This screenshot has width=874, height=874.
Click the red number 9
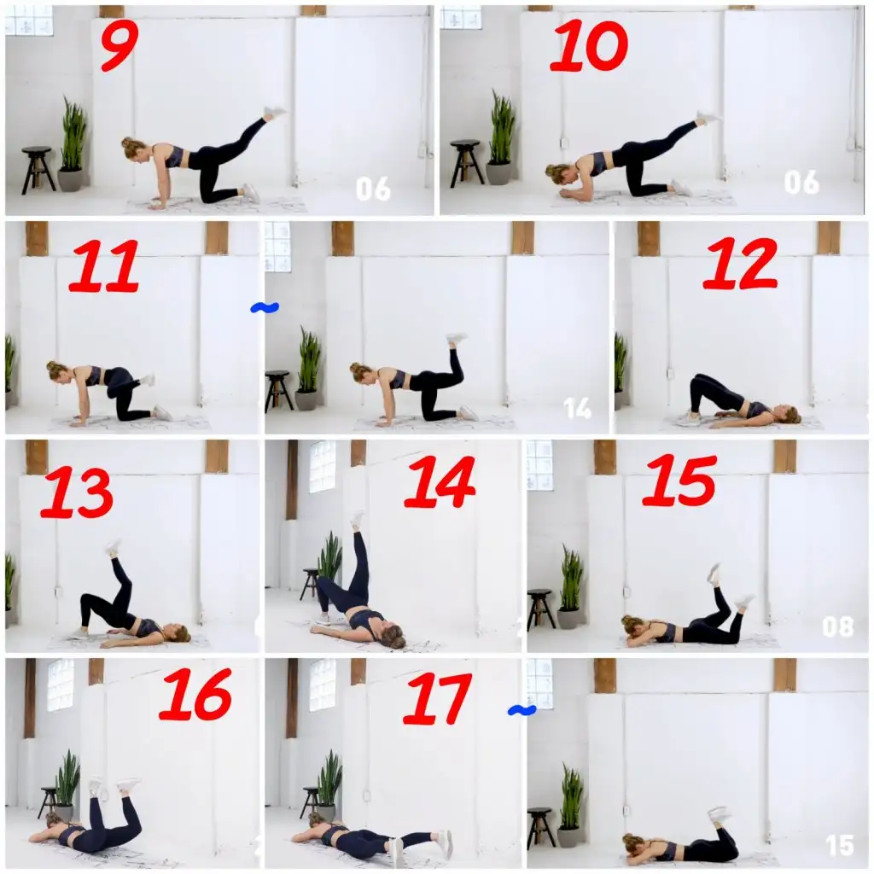pos(119,47)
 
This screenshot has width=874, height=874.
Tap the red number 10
pos(589,46)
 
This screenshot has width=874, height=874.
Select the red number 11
pos(104,265)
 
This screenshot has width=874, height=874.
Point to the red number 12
pos(740,263)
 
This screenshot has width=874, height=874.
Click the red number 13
pos(77,492)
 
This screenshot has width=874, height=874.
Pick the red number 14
pos(440,481)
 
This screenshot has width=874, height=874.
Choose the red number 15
pos(679,480)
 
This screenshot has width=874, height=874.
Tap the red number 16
pos(195,695)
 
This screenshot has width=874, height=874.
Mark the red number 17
pos(437,698)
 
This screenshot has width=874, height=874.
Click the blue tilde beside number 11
pos(265,307)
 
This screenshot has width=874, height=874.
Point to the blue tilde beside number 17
pos(522,710)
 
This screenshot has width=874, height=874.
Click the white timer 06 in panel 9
pos(373,189)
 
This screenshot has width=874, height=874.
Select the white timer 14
pos(578,408)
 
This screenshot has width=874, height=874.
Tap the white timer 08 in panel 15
pos(838,626)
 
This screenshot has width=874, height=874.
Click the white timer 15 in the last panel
pos(840,845)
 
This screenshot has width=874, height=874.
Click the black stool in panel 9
pos(38,170)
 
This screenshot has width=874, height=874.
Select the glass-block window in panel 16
pos(61,685)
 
